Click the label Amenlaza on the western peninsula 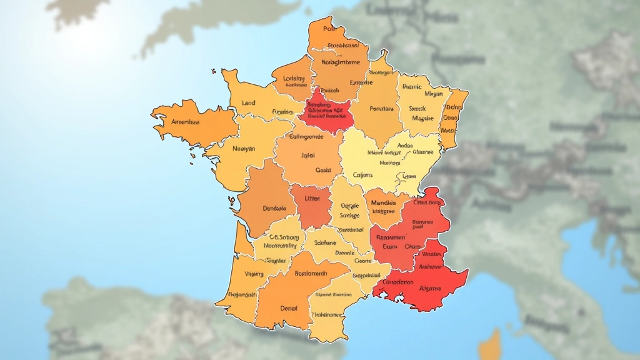(x=185, y=122)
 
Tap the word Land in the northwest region (x=248, y=102)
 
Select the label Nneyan (x=244, y=149)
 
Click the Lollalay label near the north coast (x=294, y=79)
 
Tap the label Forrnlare (x=382, y=109)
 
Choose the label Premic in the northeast (x=412, y=87)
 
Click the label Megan (x=433, y=94)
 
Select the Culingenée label (x=303, y=136)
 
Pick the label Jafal (x=308, y=155)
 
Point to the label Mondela (x=383, y=202)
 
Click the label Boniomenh (x=311, y=273)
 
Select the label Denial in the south (x=289, y=307)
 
